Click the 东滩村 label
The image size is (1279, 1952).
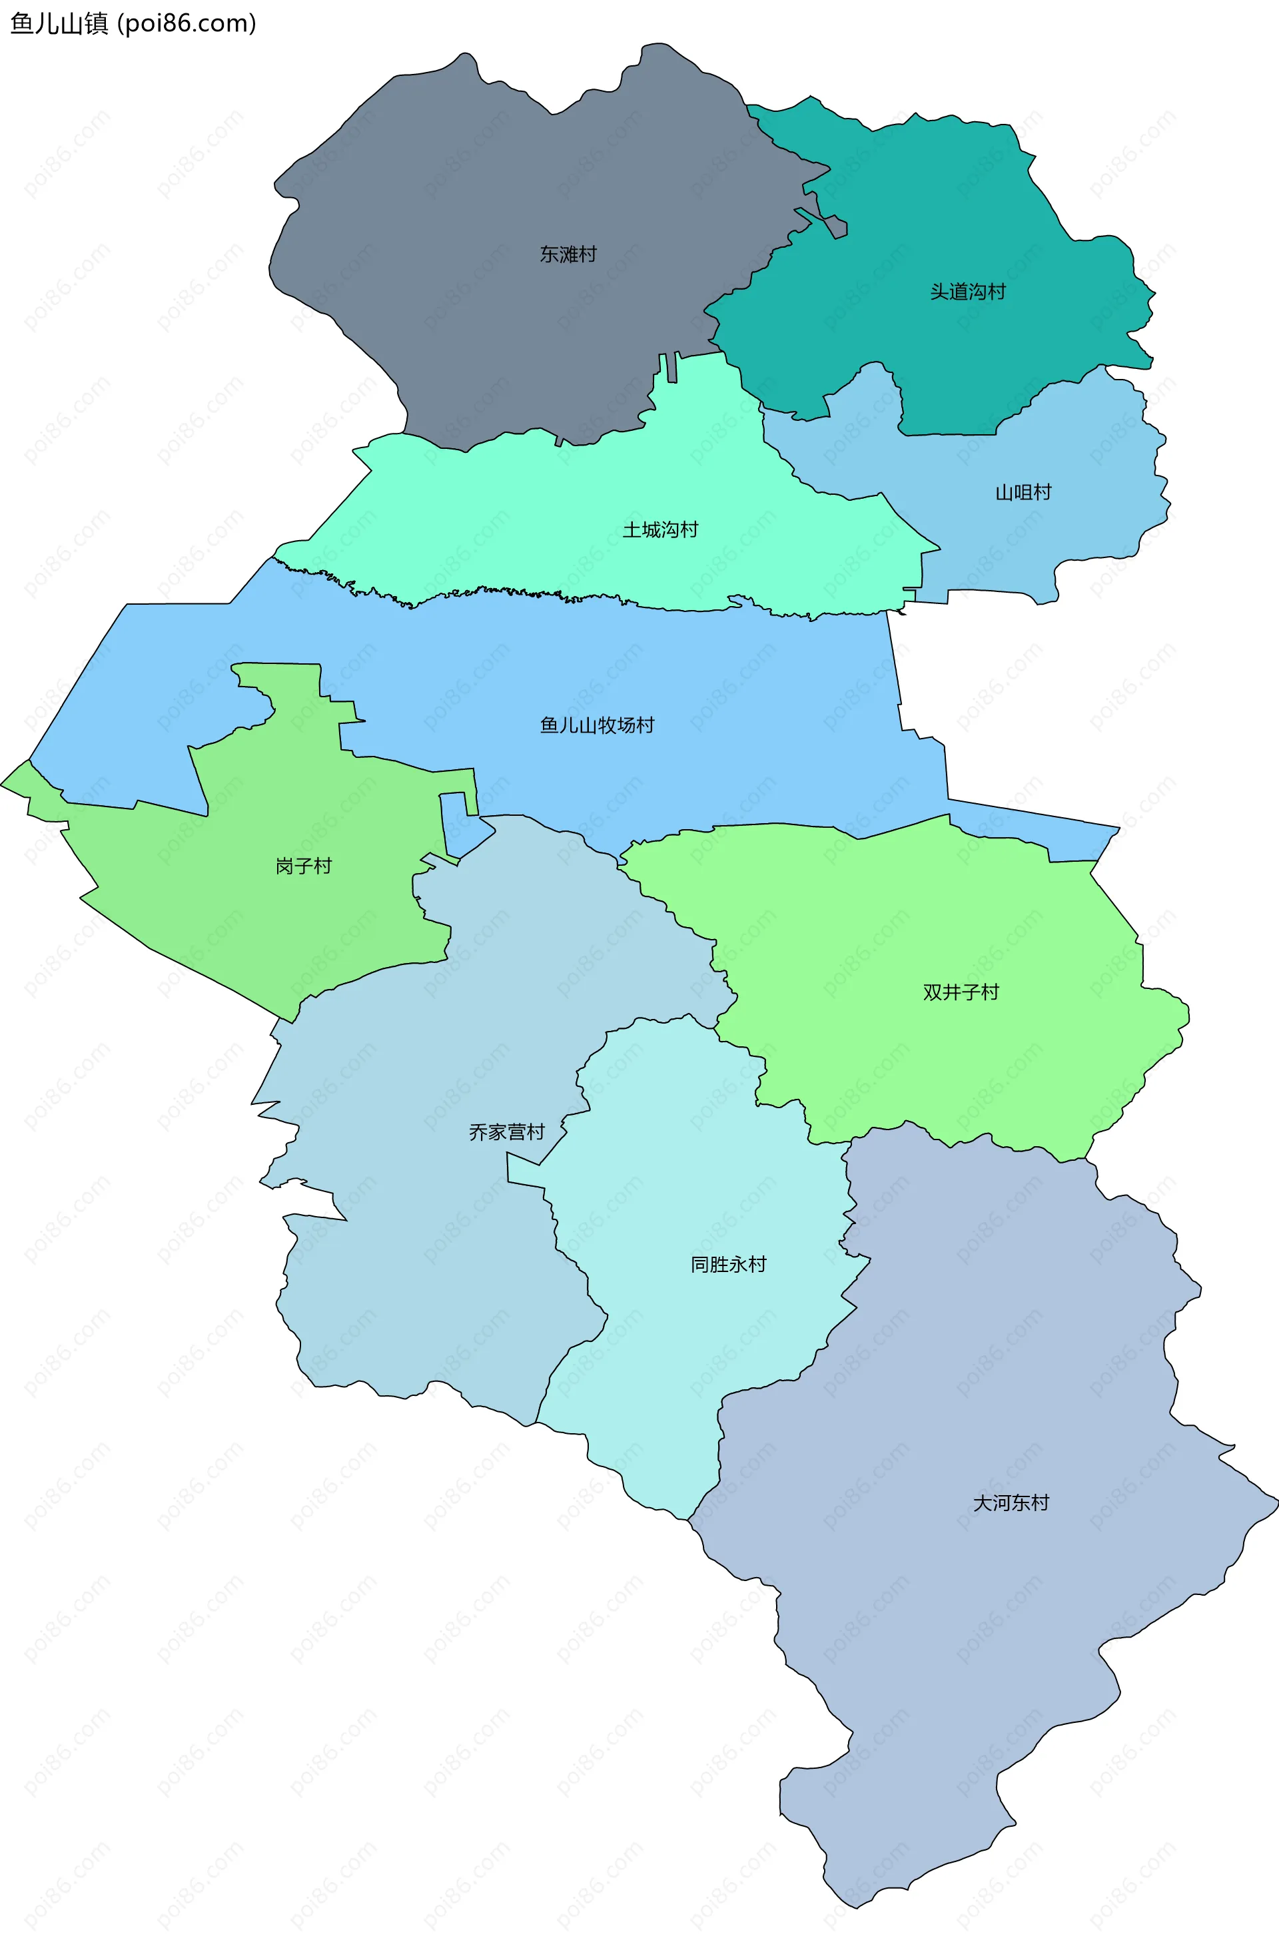point(568,254)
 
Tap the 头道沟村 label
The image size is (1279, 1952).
point(967,292)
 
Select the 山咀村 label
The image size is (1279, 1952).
point(1023,492)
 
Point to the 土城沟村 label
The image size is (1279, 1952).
point(659,530)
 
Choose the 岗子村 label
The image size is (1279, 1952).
point(304,866)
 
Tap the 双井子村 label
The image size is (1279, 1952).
point(961,992)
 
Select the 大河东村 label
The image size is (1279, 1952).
point(1011,1503)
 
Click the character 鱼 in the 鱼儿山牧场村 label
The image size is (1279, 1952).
point(549,725)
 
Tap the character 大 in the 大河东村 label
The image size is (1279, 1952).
point(982,1503)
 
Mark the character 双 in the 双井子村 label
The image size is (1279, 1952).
point(932,992)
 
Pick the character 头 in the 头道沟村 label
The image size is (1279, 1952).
point(939,292)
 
